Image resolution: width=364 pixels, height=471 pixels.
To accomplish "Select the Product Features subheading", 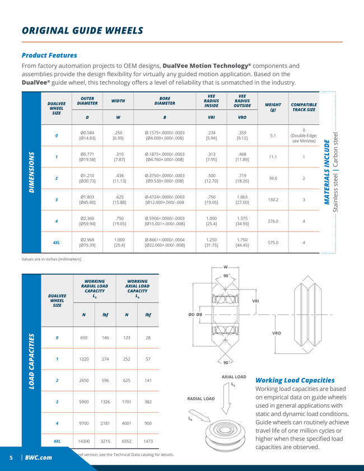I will (45, 55).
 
